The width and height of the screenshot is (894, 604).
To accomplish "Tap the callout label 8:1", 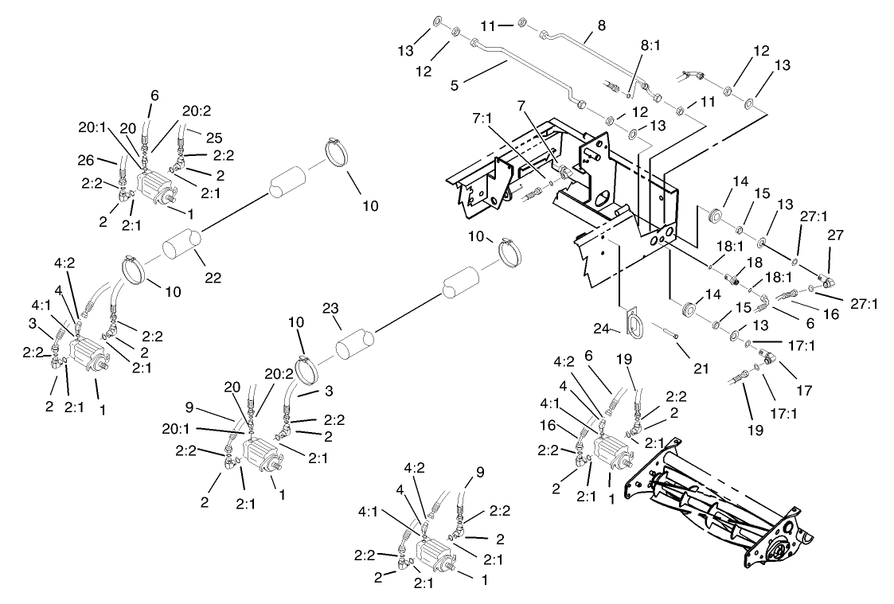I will [650, 46].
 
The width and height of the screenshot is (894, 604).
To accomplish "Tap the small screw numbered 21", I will [672, 336].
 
